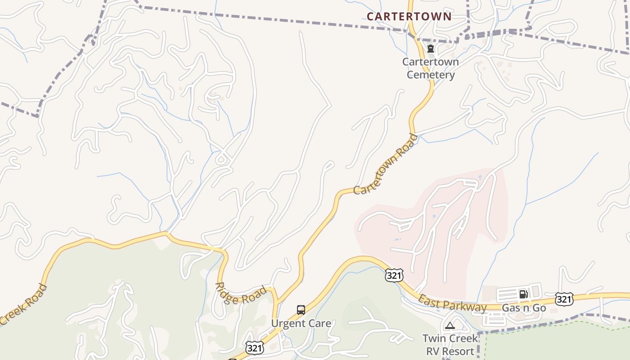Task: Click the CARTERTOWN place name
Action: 409,17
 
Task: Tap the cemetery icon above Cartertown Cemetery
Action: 431,49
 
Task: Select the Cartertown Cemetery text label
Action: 431,68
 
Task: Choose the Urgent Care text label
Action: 301,323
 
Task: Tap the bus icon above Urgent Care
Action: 301,310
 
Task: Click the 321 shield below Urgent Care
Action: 255,347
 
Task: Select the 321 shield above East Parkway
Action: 394,275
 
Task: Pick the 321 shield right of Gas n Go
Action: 564,299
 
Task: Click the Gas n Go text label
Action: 524,308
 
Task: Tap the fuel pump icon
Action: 523,294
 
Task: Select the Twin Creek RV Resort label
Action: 450,345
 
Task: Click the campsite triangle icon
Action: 450,325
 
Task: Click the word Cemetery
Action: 431,75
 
